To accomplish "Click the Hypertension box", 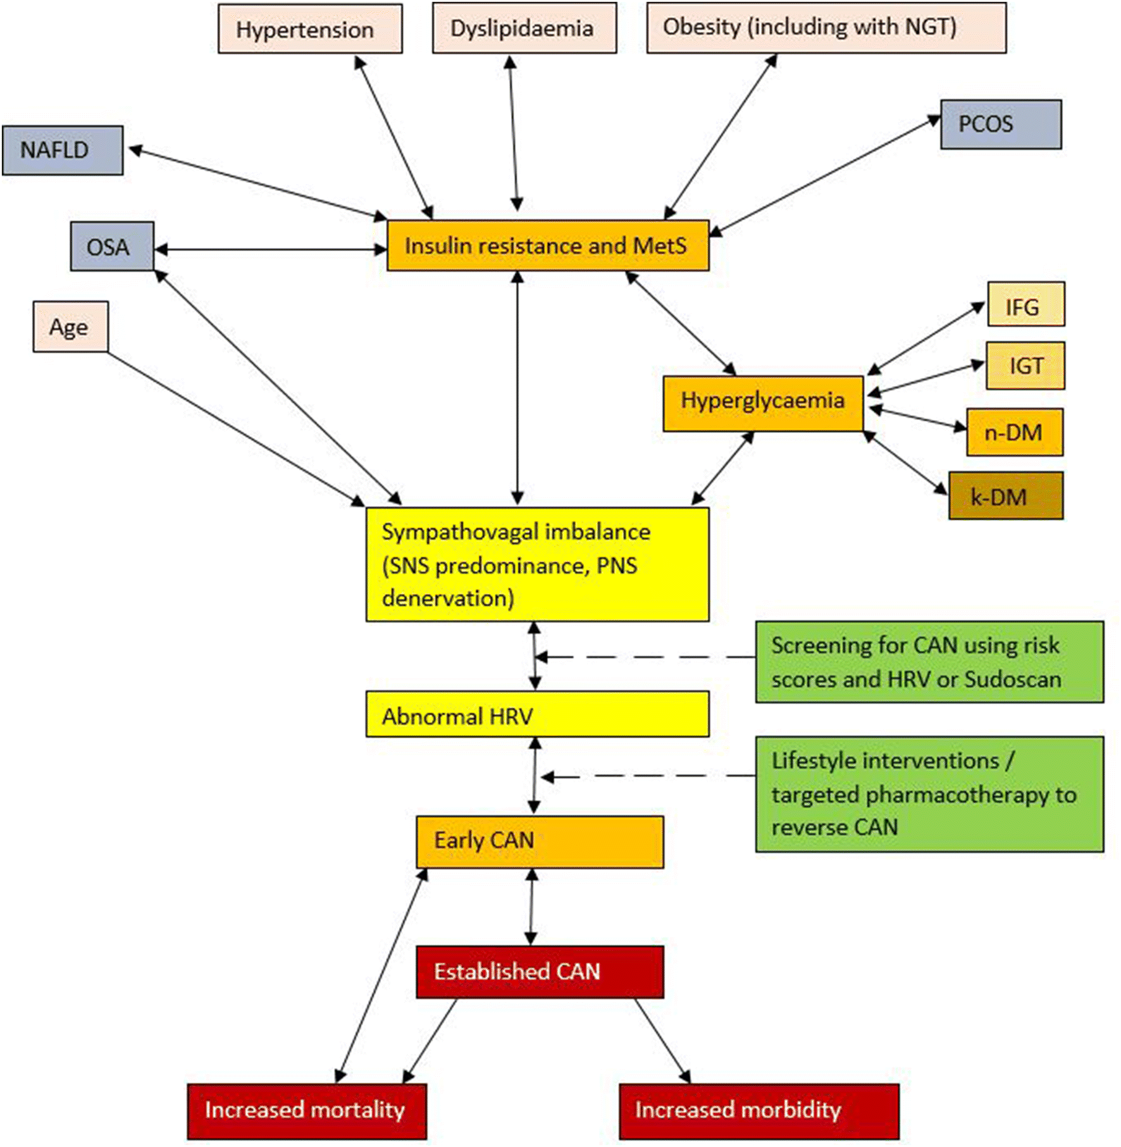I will (x=310, y=29).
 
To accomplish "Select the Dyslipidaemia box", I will (x=524, y=28).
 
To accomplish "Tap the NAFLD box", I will (x=62, y=151).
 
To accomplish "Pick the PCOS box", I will (x=1000, y=125).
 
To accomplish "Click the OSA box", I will (x=112, y=247).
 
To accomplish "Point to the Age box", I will (x=70, y=327).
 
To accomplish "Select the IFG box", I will (x=1025, y=305).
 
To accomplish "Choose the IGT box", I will (x=1025, y=366).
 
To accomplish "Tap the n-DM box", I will (x=1014, y=433).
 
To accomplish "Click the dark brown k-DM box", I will (x=1005, y=497).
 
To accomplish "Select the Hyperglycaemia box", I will (x=762, y=404).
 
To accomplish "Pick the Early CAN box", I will (x=539, y=842).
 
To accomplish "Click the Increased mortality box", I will (x=306, y=1111).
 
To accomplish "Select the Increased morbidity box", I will (x=759, y=1111).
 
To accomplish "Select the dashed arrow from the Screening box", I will (x=645, y=657).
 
